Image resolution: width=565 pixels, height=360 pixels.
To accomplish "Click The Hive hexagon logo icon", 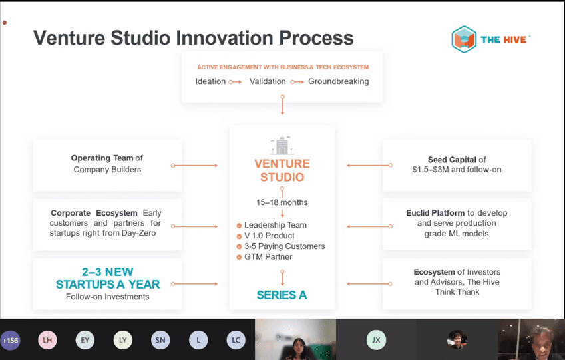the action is pos(464,39).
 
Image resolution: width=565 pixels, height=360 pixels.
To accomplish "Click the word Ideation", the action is pos(210,81).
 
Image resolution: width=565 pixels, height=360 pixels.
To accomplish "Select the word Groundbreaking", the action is pos(338,81).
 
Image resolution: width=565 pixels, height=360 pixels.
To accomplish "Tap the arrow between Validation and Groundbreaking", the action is pos(297,82).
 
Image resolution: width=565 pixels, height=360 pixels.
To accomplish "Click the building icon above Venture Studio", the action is pos(282,145).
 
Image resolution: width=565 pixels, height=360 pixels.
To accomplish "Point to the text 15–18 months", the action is pos(282,202).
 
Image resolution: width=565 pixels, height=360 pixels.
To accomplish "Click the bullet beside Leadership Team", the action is pos(239,226).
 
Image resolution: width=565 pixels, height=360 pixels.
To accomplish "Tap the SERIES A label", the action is pos(282,295).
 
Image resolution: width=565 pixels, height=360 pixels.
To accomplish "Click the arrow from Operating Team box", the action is pos(194,166).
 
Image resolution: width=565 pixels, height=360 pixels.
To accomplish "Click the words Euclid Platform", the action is pos(435,213).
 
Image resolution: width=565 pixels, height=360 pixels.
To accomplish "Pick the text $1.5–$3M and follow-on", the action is pos(457,170).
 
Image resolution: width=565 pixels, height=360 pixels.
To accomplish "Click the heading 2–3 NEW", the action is pos(107,271).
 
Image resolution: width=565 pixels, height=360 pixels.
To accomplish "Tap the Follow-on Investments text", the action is pos(107,297).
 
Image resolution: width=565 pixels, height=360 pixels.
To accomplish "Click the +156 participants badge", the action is pos(10,341).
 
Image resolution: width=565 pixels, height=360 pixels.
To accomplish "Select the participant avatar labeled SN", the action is pos(160,340).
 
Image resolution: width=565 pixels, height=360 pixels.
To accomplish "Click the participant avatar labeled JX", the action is pos(376,340).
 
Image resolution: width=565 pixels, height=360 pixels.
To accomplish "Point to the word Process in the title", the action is pos(316,38).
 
